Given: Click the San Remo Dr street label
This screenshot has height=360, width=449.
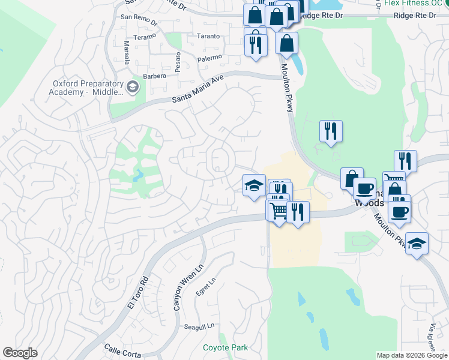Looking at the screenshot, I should point(139,17).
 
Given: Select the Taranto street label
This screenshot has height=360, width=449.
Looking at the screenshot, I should point(208,36).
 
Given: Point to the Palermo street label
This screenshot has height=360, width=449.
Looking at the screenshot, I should point(210,58).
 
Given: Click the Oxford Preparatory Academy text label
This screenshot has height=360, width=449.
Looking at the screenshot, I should point(88,88).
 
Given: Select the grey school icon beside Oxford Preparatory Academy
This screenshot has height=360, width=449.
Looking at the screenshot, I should point(133,89).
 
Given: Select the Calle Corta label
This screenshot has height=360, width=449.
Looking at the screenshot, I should point(122,350).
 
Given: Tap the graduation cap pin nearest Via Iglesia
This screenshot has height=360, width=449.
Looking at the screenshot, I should point(417,245).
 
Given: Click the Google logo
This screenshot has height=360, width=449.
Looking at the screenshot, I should point(20,353).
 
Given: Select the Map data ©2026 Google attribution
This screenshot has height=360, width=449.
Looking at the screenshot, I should point(412,355).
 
